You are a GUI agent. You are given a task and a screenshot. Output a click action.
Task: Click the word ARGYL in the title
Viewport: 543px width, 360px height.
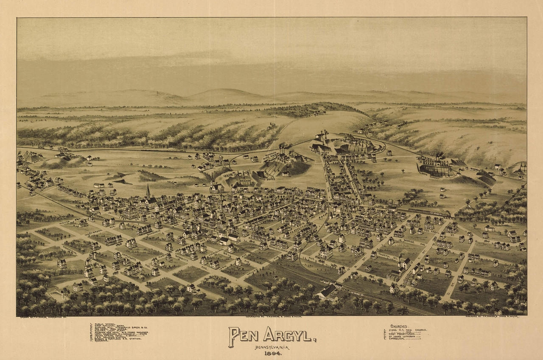(x=289, y=335)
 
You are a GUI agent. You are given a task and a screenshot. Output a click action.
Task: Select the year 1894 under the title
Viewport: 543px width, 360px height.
(x=271, y=354)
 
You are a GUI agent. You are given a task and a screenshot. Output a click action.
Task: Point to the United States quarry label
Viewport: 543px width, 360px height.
(x=267, y=179)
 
